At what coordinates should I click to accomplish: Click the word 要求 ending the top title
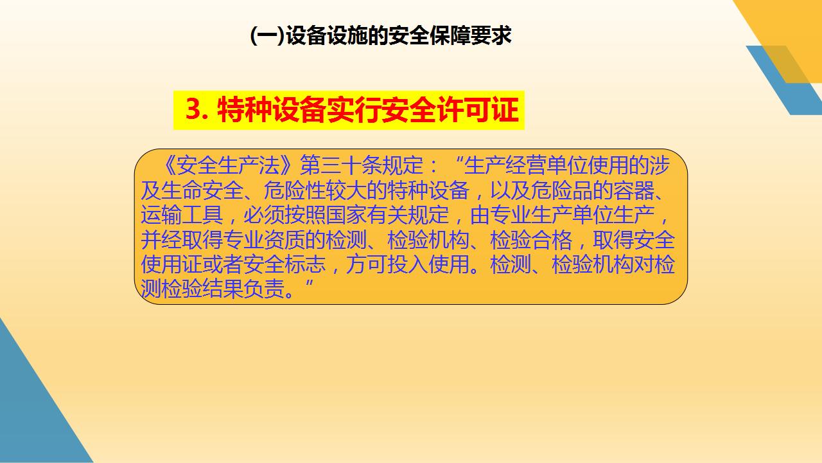491,35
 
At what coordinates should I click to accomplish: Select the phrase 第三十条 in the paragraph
340,165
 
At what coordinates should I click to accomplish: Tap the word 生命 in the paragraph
182,190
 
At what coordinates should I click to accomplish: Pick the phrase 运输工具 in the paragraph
182,215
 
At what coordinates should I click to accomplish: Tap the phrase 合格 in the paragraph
552,240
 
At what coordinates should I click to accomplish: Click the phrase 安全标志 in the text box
284,264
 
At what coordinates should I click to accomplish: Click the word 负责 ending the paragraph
264,289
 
